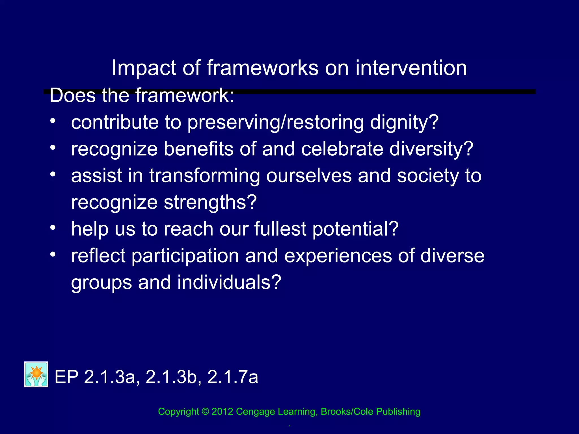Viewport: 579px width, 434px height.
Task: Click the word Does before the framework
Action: coord(73,96)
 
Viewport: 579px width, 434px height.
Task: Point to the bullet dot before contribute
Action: coord(53,121)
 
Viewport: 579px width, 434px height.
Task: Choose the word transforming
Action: coord(204,176)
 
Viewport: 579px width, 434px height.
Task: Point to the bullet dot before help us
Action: coord(53,227)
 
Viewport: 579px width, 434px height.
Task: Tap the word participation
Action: coord(185,256)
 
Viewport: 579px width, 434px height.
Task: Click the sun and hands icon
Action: coord(36,374)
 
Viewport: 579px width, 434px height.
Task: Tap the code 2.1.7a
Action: coord(232,377)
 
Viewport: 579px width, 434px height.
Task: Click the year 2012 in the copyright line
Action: coord(222,412)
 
